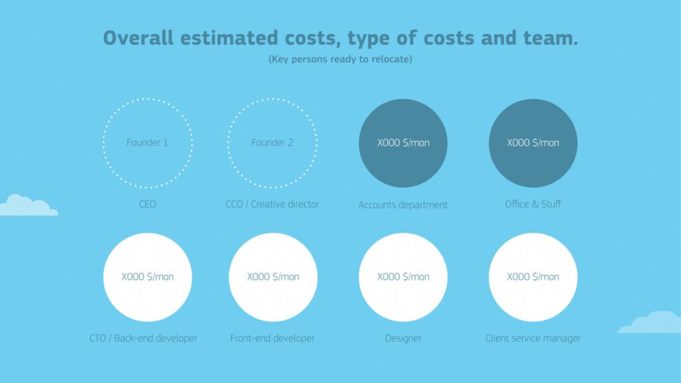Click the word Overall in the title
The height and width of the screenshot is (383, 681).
pos(138,38)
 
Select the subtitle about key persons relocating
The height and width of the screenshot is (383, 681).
pos(340,59)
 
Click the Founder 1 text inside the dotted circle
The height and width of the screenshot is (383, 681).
pos(147,142)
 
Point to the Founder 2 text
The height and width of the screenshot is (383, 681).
pos(272,142)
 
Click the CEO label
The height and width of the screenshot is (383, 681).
pos(147,204)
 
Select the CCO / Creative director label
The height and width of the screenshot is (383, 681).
pos(272,204)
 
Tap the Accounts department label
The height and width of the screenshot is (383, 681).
pos(402,205)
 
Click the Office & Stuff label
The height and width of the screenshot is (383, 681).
pos(533,204)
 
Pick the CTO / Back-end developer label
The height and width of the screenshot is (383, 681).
pos(143,338)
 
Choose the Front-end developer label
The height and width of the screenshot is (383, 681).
pos(272,338)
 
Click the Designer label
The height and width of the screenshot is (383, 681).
pos(403,338)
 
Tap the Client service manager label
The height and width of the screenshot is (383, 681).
pos(533,338)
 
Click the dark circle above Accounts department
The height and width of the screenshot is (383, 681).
pos(403,144)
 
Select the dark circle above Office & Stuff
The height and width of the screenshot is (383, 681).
pos(533,144)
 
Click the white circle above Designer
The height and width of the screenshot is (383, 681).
pos(403,277)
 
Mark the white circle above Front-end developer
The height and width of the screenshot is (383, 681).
pos(273,277)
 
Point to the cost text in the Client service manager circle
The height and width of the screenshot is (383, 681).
pos(533,277)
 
